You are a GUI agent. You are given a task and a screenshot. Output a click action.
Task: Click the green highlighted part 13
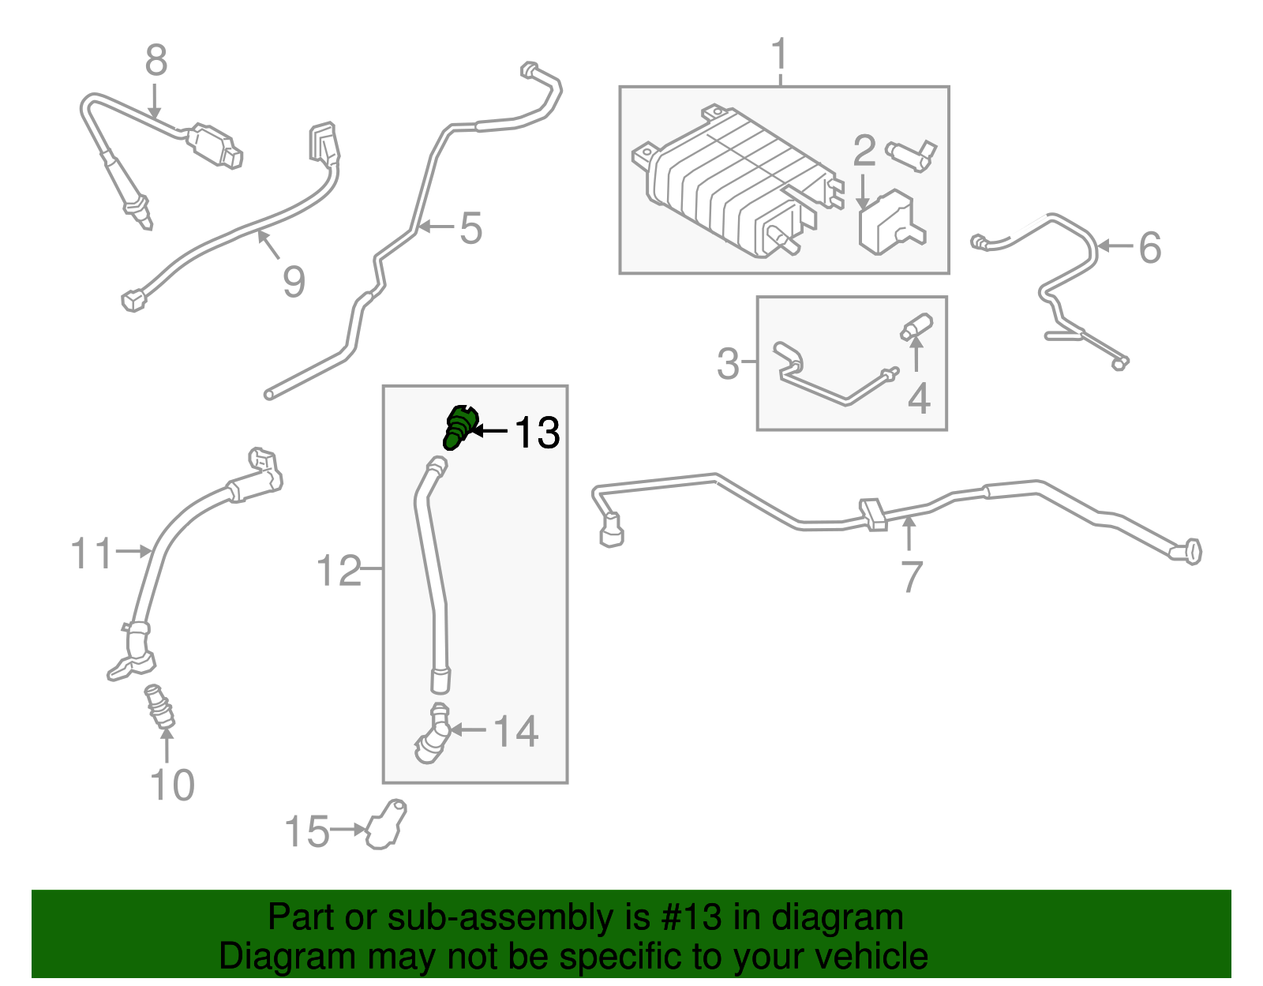(x=459, y=426)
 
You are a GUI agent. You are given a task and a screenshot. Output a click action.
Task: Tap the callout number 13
(x=537, y=433)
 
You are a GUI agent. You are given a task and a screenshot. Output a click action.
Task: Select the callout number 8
(x=156, y=61)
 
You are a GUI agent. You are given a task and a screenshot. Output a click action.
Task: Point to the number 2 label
(x=864, y=151)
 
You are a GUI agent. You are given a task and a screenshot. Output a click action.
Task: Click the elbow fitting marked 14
(x=433, y=735)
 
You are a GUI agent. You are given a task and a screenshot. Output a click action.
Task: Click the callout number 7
(x=911, y=577)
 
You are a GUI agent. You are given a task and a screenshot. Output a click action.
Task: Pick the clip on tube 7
(x=873, y=513)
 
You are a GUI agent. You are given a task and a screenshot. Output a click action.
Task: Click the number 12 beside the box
(x=338, y=571)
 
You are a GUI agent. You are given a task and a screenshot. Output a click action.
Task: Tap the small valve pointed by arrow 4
(x=918, y=326)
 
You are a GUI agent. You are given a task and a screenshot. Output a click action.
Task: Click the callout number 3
(x=728, y=364)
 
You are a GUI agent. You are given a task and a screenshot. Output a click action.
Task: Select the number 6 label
(x=1149, y=248)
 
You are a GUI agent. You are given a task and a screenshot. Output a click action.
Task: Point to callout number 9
(x=294, y=282)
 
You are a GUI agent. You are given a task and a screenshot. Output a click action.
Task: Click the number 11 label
(x=92, y=553)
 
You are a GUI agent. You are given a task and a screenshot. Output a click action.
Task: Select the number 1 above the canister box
(x=779, y=55)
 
